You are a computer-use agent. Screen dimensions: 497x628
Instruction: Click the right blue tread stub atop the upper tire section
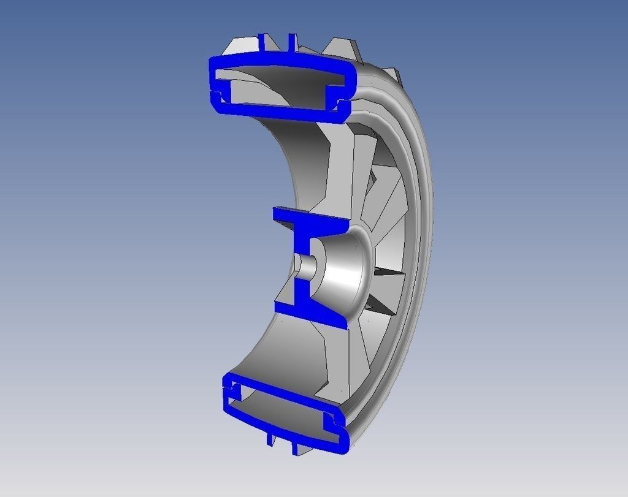coord(288,43)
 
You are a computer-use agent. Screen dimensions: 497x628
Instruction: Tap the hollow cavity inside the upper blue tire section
coord(276,86)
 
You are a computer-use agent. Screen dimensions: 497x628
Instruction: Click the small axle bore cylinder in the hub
coord(305,265)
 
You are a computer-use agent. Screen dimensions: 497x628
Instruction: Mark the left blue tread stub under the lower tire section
coord(270,438)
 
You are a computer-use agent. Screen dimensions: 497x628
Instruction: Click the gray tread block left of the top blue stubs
coord(242,46)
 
